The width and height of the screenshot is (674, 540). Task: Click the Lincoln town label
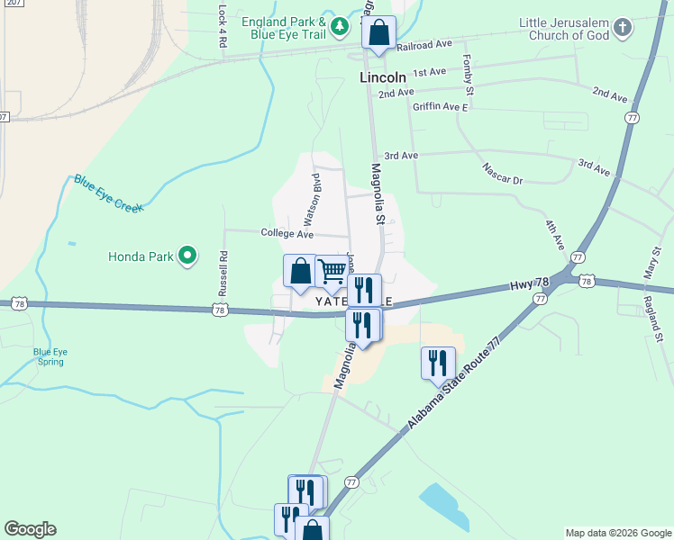383,78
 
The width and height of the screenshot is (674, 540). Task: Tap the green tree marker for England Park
340,27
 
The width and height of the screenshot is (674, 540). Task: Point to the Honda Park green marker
187,256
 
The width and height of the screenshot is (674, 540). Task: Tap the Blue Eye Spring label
49,356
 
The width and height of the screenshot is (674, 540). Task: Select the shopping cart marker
332,271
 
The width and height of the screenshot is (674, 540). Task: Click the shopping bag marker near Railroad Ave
378,33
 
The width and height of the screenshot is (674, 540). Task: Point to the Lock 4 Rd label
223,25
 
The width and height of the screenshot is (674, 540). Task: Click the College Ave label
287,234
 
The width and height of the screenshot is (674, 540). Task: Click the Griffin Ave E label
441,107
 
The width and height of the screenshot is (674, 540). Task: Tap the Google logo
30,529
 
